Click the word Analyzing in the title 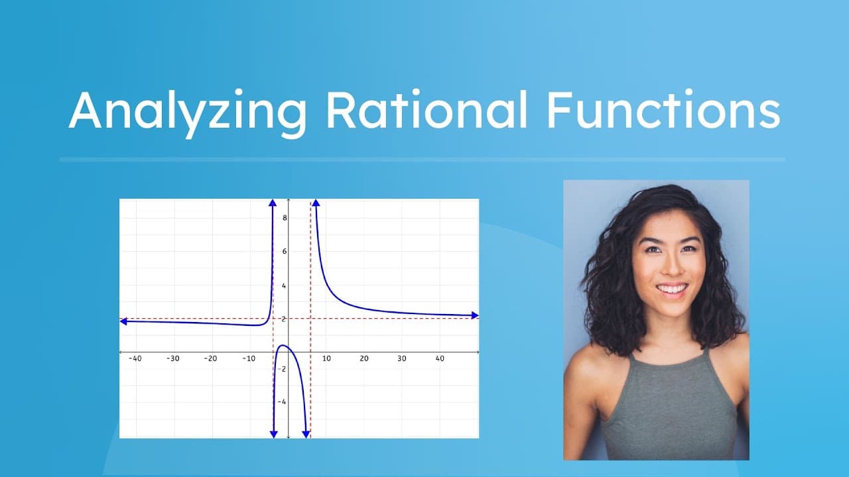pos(187,111)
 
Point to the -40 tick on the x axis pos(135,358)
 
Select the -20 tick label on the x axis pos(210,358)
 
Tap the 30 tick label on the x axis pos(402,358)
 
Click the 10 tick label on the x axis pos(326,358)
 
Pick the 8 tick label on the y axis pos(284,217)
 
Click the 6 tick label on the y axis pos(284,251)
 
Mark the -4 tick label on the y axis pos(283,402)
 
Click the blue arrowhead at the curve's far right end pos(474,315)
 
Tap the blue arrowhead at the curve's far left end pos(124,321)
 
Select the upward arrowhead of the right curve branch pos(316,203)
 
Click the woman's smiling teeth pos(672,289)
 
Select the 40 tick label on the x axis pos(440,358)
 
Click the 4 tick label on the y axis pos(284,286)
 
